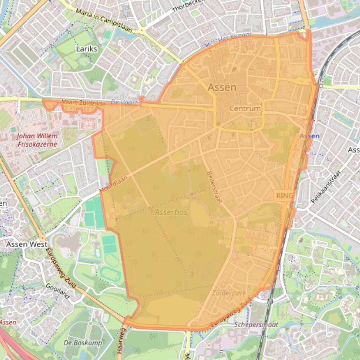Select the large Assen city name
(x=222, y=87)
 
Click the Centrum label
(x=244, y=108)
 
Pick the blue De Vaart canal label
(x=125, y=101)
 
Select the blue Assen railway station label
(x=309, y=136)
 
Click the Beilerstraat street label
(x=214, y=187)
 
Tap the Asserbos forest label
(x=171, y=212)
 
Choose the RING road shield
(x=284, y=195)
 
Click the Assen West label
(x=27, y=244)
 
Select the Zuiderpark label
(x=228, y=293)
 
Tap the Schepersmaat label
(x=257, y=324)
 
